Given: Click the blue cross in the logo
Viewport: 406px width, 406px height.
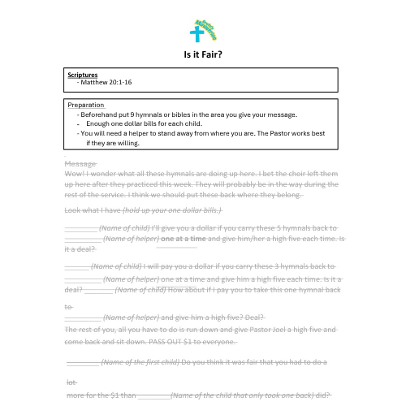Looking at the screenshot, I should [196, 33].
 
